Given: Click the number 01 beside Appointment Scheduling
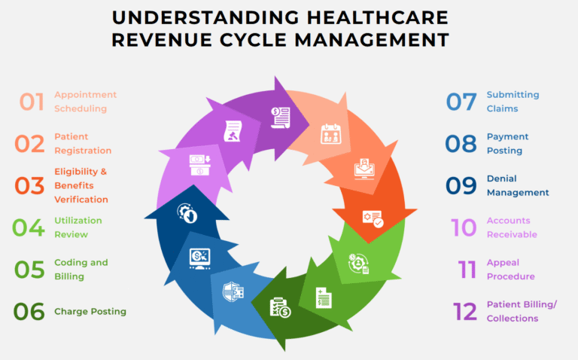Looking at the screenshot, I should [x=32, y=102].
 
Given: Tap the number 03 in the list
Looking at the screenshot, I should [x=30, y=185].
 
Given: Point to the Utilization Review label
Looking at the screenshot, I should [x=78, y=227].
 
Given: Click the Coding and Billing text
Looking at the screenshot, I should [x=81, y=270].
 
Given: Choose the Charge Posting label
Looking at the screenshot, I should [x=90, y=311].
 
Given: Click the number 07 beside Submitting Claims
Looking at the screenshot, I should [x=461, y=102].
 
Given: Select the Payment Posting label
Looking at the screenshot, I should [x=507, y=143].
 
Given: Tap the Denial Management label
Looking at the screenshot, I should [x=518, y=185].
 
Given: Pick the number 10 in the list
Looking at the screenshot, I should [x=464, y=227].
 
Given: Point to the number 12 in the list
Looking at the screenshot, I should [x=465, y=311].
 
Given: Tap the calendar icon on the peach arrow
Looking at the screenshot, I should [x=331, y=134].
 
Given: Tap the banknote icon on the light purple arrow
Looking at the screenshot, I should [x=199, y=165].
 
